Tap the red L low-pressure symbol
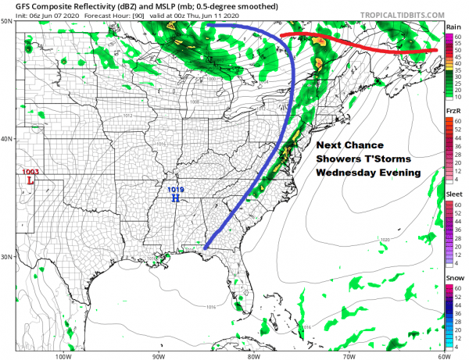30,181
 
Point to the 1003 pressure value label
30,172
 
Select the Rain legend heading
453,27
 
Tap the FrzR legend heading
453,112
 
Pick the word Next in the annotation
331,146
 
